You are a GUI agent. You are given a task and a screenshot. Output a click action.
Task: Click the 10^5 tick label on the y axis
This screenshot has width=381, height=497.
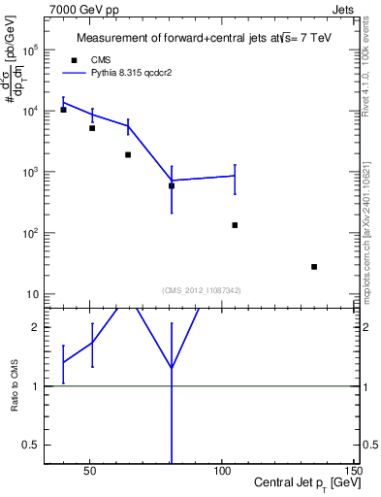coord(29,50)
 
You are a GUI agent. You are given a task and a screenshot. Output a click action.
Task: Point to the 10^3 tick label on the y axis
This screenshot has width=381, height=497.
coord(29,173)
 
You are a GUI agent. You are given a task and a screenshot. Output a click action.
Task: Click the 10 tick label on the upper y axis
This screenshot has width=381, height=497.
coord(31,295)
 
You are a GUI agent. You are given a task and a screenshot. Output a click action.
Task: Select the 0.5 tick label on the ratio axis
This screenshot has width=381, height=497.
coord(29,446)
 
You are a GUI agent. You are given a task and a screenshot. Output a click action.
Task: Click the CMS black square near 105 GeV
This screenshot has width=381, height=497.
coord(235,225)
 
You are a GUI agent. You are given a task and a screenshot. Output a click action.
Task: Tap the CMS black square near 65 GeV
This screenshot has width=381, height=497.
coord(128,154)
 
